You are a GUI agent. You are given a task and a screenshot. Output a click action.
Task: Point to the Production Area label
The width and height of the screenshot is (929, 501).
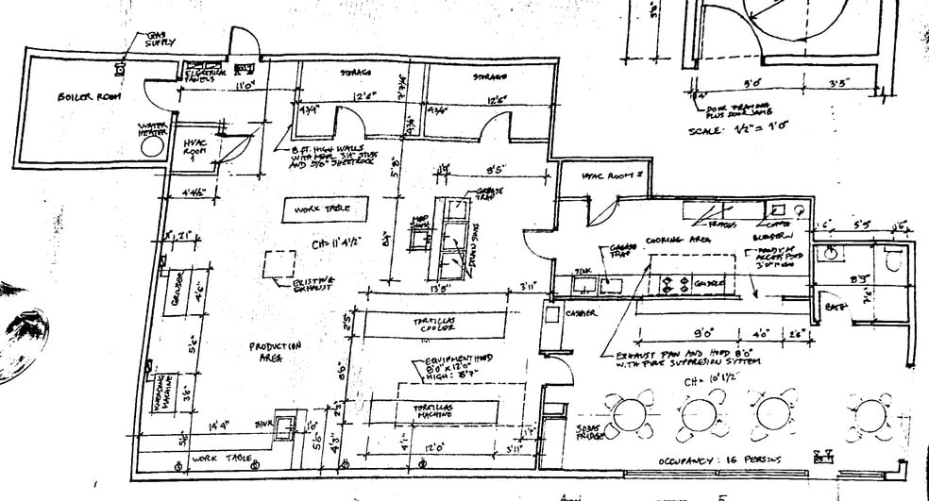(276, 351)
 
